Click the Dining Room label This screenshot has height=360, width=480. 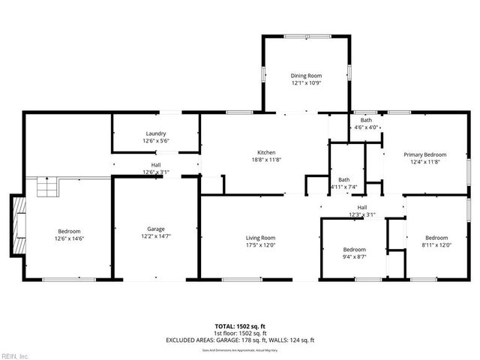click(x=305, y=75)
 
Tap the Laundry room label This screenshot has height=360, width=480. click(x=156, y=133)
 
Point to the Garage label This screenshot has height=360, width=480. click(x=156, y=229)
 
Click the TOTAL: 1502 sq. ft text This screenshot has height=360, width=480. click(x=240, y=326)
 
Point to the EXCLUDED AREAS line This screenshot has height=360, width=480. click(x=240, y=340)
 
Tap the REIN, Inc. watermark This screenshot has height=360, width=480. click(x=15, y=355)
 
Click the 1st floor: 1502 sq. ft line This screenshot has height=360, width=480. click(x=240, y=333)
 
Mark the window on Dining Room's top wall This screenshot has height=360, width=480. click(x=305, y=35)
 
